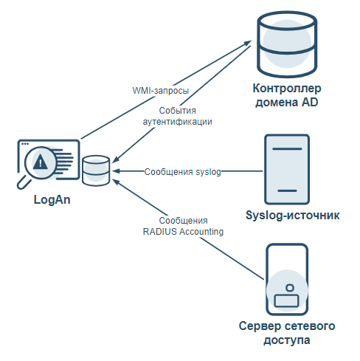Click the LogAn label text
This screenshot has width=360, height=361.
pos(52,200)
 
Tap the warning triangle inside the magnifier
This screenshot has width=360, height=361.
pos(41,162)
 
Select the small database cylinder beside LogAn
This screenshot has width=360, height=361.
pos(96,171)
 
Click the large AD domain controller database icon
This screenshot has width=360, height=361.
pos(287,44)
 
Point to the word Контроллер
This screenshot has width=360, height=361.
pos(287,89)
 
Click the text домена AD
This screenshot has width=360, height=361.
pos(287,103)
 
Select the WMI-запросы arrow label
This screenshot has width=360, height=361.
pos(161,91)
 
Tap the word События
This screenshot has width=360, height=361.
pos(177,111)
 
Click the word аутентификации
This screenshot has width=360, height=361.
pos(177,122)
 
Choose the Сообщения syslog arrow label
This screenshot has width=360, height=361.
pos(182,172)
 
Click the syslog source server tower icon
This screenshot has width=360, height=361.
pos(287,169)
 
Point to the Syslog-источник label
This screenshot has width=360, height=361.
pos(293,216)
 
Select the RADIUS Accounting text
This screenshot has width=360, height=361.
pos(183,232)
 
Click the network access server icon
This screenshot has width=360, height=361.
pos(287,280)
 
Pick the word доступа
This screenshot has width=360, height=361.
pos(287,340)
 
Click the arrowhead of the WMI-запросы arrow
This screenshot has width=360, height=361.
pos(248,42)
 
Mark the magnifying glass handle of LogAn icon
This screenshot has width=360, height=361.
pos(24,183)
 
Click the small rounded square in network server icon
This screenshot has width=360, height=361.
pos(290,288)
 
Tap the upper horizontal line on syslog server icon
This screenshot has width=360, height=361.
pos(287,149)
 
